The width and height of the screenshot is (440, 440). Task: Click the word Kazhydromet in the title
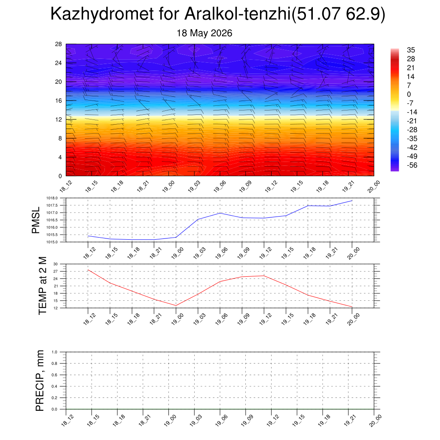pos(102,14)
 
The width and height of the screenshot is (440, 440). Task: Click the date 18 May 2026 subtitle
pos(204,33)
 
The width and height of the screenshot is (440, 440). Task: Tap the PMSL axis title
pos(36,220)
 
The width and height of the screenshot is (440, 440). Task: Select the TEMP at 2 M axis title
pos(43,286)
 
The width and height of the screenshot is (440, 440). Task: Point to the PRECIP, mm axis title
pos(40,381)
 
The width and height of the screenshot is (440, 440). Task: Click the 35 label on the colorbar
pos(411,50)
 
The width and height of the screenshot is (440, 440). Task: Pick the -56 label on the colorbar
pos(412,165)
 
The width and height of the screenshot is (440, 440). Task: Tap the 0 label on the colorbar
pos(409,94)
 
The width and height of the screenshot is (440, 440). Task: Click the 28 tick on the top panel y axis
pos(58,44)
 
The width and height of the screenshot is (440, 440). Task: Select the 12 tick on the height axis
pos(58,119)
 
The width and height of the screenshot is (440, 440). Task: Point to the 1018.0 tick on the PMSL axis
pos(52,198)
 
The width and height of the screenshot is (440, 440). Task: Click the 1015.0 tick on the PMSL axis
pos(52,242)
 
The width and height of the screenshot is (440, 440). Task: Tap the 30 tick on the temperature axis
pos(55,264)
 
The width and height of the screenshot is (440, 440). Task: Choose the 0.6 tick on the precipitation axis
pos(55,375)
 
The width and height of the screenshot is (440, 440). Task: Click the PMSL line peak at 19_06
pos(220,213)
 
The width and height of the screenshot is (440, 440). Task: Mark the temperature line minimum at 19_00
pos(176,306)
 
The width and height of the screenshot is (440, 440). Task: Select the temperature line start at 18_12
pos(88,270)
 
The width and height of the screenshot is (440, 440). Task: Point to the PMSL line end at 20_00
pos(352,201)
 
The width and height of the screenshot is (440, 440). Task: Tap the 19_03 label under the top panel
pos(194,186)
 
